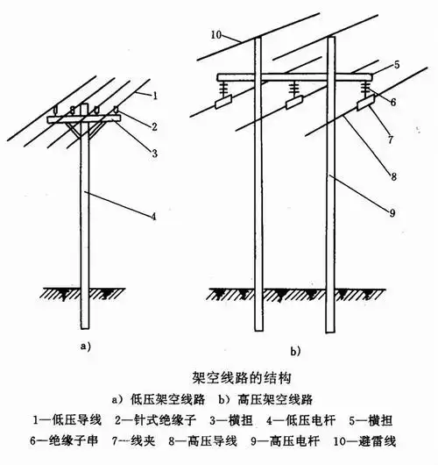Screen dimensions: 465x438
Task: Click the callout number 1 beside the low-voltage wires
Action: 154,94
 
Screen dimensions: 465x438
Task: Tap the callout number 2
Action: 154,126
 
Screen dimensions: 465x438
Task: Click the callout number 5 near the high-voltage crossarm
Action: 396,65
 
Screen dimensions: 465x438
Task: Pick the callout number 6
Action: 396,103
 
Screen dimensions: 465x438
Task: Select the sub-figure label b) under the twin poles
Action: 294,352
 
